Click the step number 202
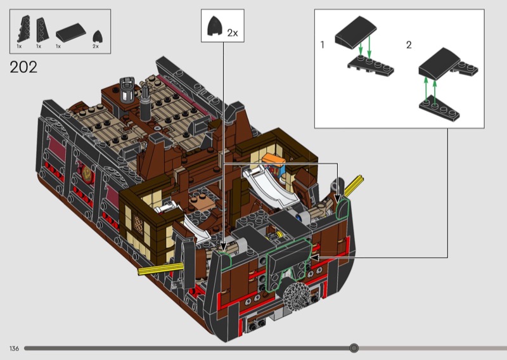pos(23,67)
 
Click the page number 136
pos(14,349)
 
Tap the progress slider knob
pos(354,348)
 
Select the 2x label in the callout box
pos(233,33)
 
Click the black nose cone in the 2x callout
pos(214,25)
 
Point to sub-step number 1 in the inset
pos(322,44)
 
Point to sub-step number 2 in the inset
pos(409,45)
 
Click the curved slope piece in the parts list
pos(71,32)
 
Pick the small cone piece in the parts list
pos(98,36)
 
